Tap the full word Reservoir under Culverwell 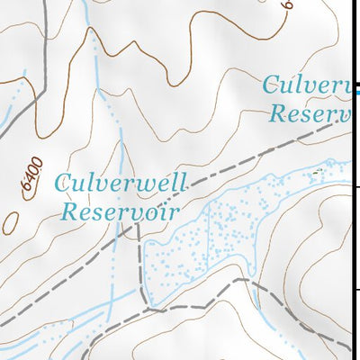pos(120,212)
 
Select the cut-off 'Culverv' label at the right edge pos(306,87)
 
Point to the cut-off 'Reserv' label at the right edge pos(310,113)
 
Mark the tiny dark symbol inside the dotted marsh pos(318,169)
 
